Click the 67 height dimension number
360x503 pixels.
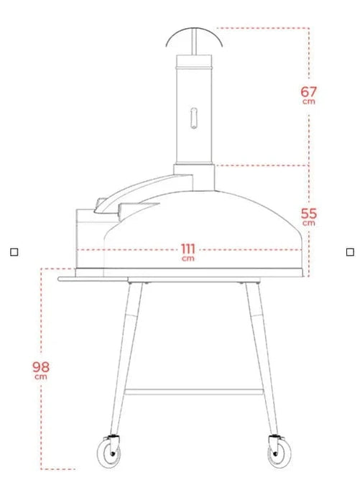click(309, 91)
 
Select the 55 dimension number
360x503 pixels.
click(309, 213)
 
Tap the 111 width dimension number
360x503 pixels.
click(188, 249)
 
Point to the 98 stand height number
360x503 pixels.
click(41, 366)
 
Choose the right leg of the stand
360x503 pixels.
click(262, 359)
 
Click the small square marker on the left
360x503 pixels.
click(14, 251)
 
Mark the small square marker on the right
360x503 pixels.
click(350, 251)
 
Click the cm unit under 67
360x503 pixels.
click(309, 101)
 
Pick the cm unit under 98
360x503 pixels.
click(41, 376)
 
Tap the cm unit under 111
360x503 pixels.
click(188, 258)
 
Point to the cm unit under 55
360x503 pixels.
click(309, 223)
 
